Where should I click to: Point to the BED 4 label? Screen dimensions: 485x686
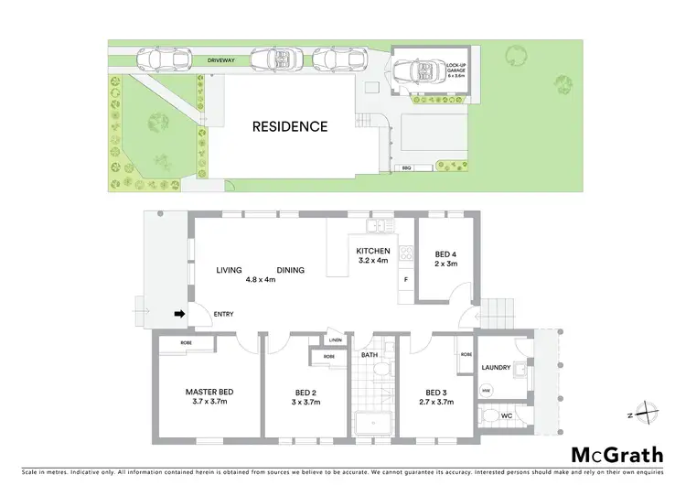coord(445,253)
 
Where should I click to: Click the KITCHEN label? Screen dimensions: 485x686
coord(373,251)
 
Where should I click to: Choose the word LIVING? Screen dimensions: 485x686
coord(230,270)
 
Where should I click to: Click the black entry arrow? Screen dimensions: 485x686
coord(180,314)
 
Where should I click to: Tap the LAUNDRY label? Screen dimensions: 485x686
coord(497,368)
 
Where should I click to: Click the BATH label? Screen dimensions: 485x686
coord(370,353)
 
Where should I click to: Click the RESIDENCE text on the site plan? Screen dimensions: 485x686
coord(289,127)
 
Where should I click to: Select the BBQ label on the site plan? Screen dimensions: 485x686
coord(406,168)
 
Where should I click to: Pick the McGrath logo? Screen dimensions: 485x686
coord(617,455)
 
